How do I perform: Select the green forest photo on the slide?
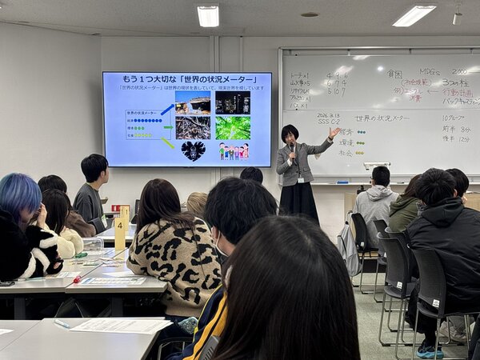click(x=233, y=128)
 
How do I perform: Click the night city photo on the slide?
click(x=233, y=102)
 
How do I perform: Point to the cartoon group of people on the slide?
click(x=234, y=151)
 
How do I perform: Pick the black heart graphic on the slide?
click(x=193, y=150)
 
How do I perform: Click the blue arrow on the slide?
click(x=166, y=110)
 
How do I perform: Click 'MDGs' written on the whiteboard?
click(x=430, y=71)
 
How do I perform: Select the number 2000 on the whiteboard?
click(x=459, y=71)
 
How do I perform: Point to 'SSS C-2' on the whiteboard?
click(x=329, y=121)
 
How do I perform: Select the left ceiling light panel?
click(x=208, y=15)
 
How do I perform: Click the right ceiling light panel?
click(x=414, y=15)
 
